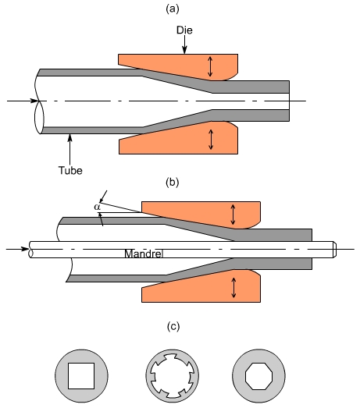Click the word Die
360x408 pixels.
184,30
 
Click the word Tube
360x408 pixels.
70,170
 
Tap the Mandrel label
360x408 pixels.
144,254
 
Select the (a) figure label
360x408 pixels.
173,9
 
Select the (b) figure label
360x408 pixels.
173,182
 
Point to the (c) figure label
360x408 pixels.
173,326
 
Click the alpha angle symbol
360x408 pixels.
97,208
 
